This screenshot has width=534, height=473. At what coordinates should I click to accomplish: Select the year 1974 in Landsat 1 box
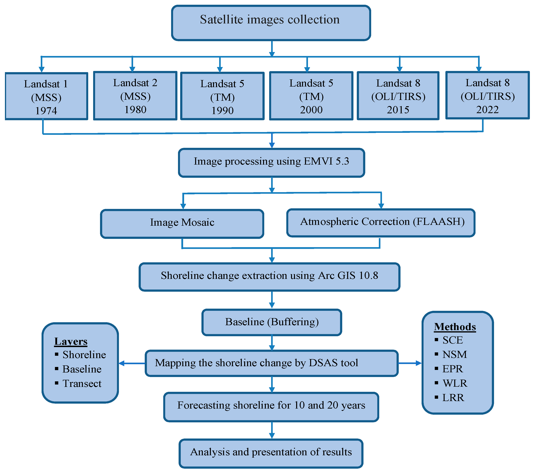pos(46,111)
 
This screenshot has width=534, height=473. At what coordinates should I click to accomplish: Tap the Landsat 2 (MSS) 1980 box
pos(135,96)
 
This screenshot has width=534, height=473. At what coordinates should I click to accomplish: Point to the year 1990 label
pos(222,111)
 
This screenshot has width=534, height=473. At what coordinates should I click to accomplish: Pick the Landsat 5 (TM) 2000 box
pos(311,96)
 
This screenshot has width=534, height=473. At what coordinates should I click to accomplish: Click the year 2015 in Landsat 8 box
pos(398,110)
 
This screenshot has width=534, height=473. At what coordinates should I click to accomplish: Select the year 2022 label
pos(487,110)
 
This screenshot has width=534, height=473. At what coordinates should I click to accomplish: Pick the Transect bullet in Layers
pos(82,384)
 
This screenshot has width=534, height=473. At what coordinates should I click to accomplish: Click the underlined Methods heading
pos(455,327)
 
